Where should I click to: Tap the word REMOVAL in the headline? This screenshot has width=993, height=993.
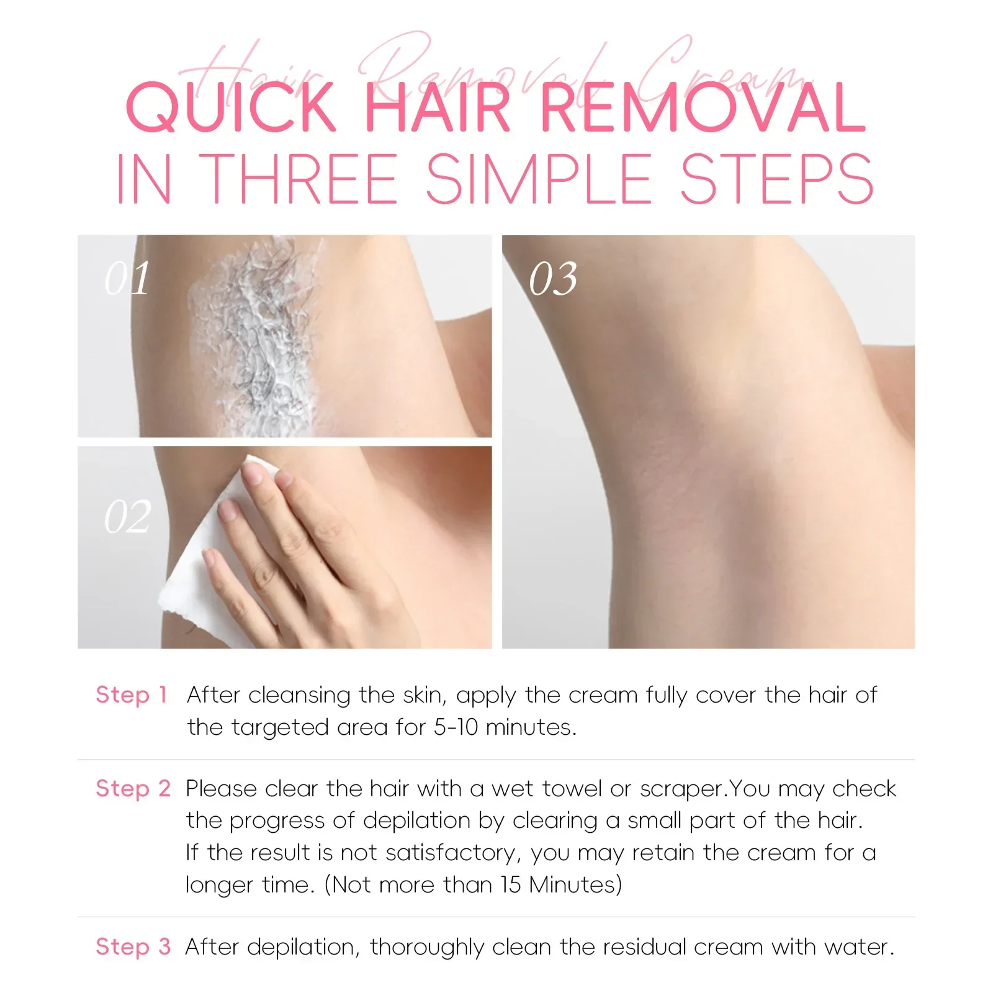(703, 108)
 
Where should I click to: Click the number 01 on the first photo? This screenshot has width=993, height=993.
(127, 279)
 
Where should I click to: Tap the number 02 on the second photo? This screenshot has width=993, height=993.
(127, 517)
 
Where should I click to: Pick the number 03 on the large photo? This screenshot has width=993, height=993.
(553, 279)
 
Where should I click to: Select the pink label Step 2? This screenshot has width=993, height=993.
(133, 788)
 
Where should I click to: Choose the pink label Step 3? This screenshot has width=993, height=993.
(133, 946)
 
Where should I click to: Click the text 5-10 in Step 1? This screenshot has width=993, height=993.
(456, 727)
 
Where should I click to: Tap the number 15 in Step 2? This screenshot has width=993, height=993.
(511, 884)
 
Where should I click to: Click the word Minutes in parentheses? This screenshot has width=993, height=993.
(574, 884)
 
